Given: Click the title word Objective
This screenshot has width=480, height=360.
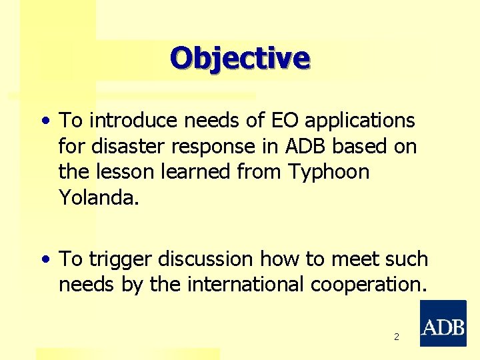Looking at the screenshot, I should pos(240,58).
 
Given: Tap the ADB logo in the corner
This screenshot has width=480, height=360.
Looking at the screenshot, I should pos(443,323).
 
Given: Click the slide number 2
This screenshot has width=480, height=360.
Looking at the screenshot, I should pos(396,337).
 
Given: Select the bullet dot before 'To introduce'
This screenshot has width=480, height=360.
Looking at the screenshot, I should pos(45,121).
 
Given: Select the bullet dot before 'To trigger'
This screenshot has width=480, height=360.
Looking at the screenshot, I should pos(45,259).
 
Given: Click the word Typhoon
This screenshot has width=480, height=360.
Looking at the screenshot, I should pos(329,172).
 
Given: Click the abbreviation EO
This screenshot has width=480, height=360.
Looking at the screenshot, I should pos(281,121).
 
